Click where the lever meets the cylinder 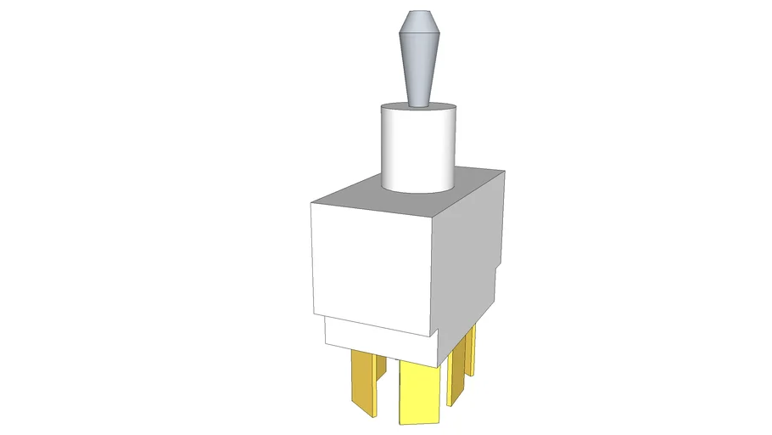pos(419,105)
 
